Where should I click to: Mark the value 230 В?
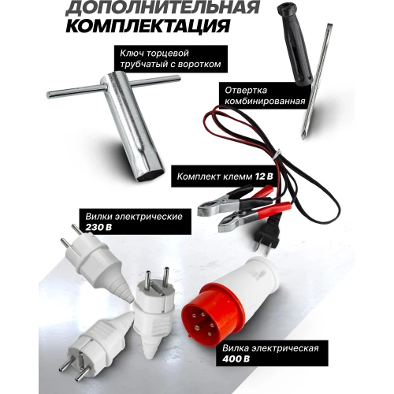(x=99, y=226)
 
